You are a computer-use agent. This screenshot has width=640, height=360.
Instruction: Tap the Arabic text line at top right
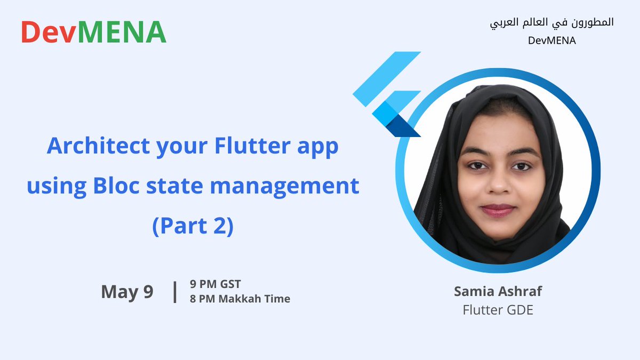[x=551, y=22]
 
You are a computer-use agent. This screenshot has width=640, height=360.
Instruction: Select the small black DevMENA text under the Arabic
[x=551, y=41]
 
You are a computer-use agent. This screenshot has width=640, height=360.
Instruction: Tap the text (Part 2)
[x=193, y=226]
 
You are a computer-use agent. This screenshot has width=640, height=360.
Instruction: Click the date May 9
[x=127, y=292]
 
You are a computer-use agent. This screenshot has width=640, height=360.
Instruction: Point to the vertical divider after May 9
[x=175, y=292]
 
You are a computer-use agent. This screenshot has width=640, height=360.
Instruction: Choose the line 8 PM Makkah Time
[x=239, y=299]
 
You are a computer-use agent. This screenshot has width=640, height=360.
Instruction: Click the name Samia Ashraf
[x=498, y=291]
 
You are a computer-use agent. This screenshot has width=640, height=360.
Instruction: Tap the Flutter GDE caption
[x=498, y=309]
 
